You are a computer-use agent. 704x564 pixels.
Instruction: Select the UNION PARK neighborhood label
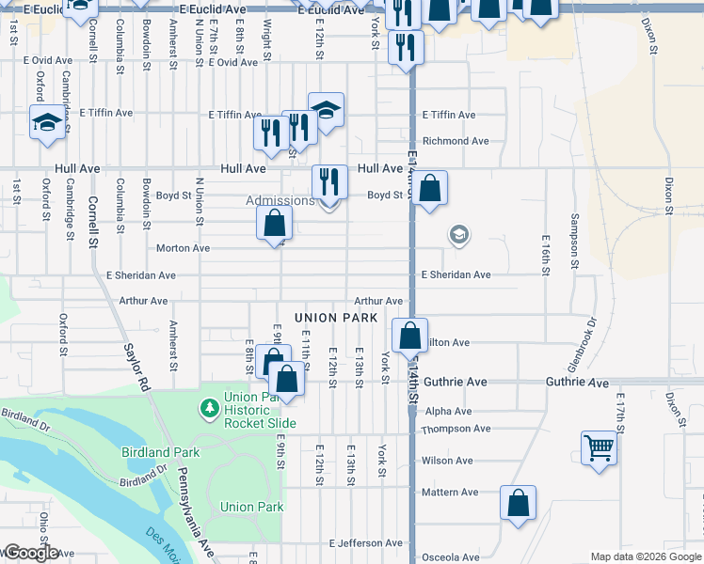[x=336, y=318]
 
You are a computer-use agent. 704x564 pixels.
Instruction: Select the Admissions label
[x=280, y=200]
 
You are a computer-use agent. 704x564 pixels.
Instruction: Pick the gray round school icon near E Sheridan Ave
[x=459, y=234]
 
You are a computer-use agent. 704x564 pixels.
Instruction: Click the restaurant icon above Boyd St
[x=329, y=180]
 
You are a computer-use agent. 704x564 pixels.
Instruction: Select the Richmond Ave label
[x=456, y=141]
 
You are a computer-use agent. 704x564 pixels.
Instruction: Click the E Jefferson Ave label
[x=365, y=543]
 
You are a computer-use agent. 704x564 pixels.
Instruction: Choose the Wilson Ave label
[x=447, y=461]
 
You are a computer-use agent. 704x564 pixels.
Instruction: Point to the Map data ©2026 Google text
[x=645, y=556]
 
